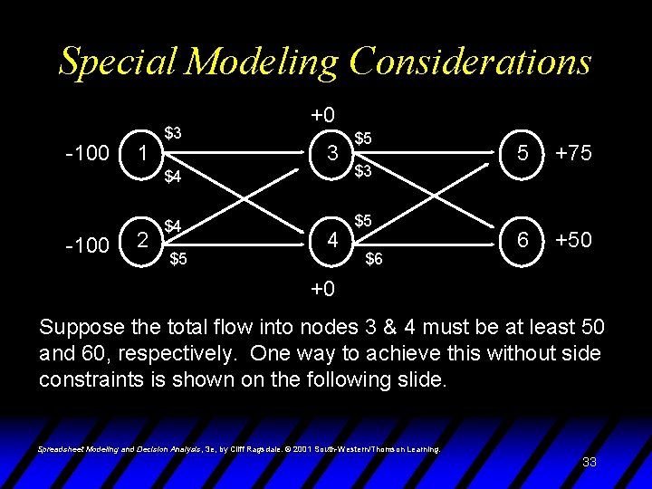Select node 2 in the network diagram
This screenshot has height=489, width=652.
[140, 240]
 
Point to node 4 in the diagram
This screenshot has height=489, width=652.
[332, 241]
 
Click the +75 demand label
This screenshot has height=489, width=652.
[573, 153]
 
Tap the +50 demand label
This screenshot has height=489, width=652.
[573, 240]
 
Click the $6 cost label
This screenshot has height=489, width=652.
[373, 259]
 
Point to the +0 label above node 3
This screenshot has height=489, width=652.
[323, 115]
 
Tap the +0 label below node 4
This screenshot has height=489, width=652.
[323, 290]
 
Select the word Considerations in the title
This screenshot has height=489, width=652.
[470, 62]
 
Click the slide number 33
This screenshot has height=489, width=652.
[589, 462]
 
